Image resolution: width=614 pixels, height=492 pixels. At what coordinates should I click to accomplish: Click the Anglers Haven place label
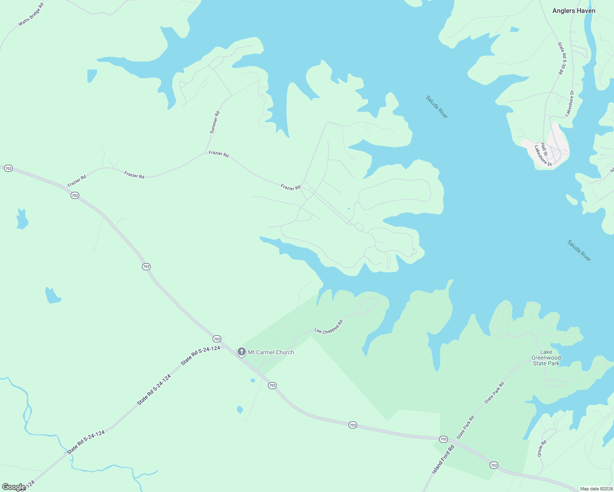(x=573, y=11)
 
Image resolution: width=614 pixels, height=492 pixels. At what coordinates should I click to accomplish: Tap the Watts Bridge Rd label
(x=31, y=15)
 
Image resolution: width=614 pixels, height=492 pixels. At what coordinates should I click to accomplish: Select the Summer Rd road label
(x=215, y=122)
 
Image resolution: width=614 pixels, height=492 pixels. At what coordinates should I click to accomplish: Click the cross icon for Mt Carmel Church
(x=242, y=352)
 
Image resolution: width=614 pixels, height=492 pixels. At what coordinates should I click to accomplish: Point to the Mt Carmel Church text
(x=271, y=352)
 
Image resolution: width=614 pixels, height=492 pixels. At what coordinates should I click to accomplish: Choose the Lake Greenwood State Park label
(x=546, y=358)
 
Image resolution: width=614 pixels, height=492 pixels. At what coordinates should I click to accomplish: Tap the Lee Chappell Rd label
(x=328, y=327)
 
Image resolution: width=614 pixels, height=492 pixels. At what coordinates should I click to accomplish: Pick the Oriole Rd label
(x=542, y=449)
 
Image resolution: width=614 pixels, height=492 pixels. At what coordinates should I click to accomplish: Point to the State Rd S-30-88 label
(x=562, y=58)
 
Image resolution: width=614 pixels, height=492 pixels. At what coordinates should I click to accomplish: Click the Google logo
(x=14, y=487)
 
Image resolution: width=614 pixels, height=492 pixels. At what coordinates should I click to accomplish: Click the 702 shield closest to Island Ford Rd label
(x=443, y=439)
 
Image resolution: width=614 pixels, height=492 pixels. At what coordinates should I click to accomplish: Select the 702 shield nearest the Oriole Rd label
(x=494, y=465)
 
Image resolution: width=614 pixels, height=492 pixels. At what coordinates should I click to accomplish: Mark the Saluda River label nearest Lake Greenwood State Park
(x=579, y=251)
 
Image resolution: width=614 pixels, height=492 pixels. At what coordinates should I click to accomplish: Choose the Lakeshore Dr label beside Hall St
(x=543, y=156)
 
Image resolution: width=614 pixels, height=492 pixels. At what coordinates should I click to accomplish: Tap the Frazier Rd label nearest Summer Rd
(x=218, y=154)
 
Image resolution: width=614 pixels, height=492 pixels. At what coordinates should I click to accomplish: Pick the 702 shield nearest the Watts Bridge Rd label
(x=8, y=169)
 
